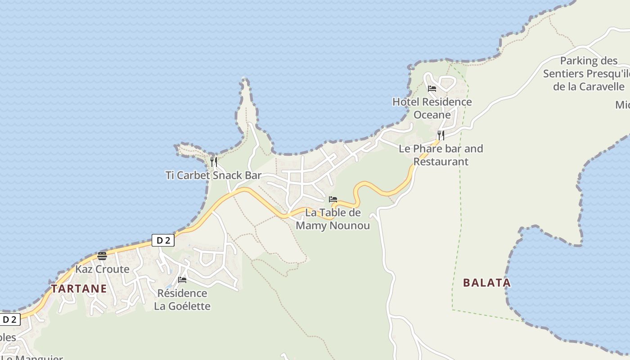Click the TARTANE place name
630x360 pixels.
pyautogui.click(x=79, y=288)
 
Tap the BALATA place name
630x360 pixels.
pyautogui.click(x=487, y=283)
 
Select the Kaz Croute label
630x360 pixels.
pyautogui.click(x=102, y=269)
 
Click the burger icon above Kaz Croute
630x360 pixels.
pyautogui.click(x=102, y=256)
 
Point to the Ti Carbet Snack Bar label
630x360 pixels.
pyautogui.click(x=213, y=175)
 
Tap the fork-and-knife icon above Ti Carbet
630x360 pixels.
pyautogui.click(x=214, y=162)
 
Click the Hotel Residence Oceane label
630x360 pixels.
pyautogui.click(x=432, y=108)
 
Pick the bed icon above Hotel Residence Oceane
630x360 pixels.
pyautogui.click(x=432, y=88)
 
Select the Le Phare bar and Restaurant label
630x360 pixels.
pyautogui.click(x=441, y=155)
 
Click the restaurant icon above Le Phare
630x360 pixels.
pyautogui.click(x=441, y=135)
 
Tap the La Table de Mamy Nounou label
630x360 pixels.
pyautogui.click(x=333, y=219)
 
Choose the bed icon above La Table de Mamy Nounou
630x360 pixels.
pyautogui.click(x=333, y=199)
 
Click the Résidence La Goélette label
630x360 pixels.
pyautogui.click(x=182, y=300)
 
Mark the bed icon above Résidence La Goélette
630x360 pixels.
pyautogui.click(x=182, y=280)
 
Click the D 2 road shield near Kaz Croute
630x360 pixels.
pyautogui.click(x=163, y=240)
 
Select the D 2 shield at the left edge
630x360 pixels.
pyautogui.click(x=10, y=319)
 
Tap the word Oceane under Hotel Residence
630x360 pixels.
pyautogui.click(x=432, y=115)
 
